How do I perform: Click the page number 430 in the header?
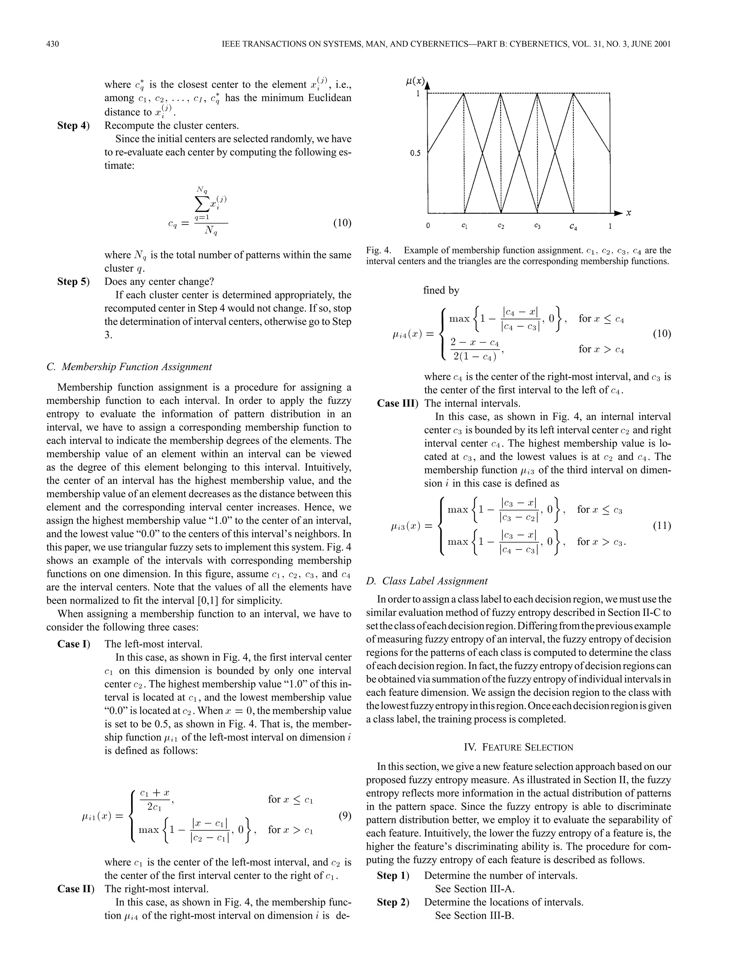coord(52,44)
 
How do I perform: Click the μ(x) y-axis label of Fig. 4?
coord(415,81)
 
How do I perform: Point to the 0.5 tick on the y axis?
coord(415,153)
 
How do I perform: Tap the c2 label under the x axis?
coord(501,226)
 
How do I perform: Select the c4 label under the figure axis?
coord(573,227)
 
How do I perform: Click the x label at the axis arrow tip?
coord(628,213)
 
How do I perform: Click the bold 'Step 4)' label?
coord(73,126)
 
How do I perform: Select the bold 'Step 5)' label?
coord(73,281)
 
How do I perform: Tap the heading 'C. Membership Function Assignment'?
coord(129,367)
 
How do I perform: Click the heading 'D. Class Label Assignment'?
coord(426,581)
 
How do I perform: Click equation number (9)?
coord(345,815)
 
